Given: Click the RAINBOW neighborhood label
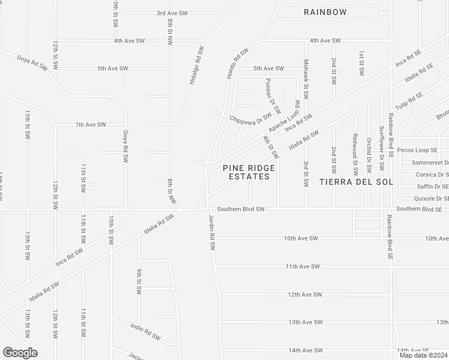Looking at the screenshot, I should tap(325, 12).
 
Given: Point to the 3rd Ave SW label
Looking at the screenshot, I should tap(172, 13).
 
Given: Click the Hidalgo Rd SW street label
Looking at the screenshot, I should tap(194, 66).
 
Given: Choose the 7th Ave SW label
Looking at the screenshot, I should tap(90, 124).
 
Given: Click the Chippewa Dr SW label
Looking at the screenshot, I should tap(251, 118).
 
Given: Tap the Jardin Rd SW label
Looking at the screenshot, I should tap(211, 232).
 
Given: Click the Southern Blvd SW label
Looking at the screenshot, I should tap(241, 209).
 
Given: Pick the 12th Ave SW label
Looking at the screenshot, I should tap(305, 295).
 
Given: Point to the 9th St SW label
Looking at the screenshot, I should tap(139, 282).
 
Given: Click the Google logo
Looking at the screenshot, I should tap(20, 352).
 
